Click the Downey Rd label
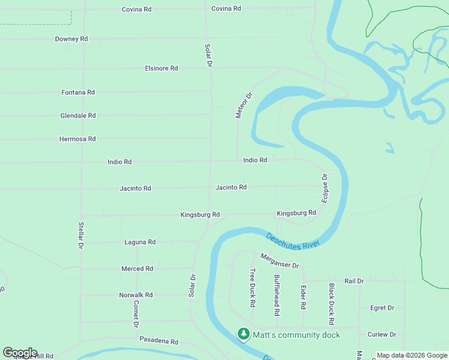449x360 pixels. coord(71,39)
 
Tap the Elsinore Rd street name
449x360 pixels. coord(161,68)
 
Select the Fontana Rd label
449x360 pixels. coord(78,92)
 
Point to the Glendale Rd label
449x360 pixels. coord(78,116)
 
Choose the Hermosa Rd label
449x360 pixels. coord(77,139)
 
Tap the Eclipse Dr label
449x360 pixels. coord(325,188)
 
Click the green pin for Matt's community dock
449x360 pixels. coord(243,333)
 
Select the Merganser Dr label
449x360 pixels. coord(279,261)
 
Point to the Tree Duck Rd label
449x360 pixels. coord(252,288)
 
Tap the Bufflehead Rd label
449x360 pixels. coord(277,295)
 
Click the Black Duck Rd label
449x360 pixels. coord(331,300)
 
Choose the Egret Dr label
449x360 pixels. coord(382,308)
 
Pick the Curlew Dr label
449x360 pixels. coord(382,334)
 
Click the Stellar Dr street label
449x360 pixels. coord(80,236)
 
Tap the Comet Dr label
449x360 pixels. coord(136,313)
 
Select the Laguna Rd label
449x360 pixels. coord(140,242)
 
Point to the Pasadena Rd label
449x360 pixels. coord(159,341)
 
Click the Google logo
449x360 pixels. coord(20,353)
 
